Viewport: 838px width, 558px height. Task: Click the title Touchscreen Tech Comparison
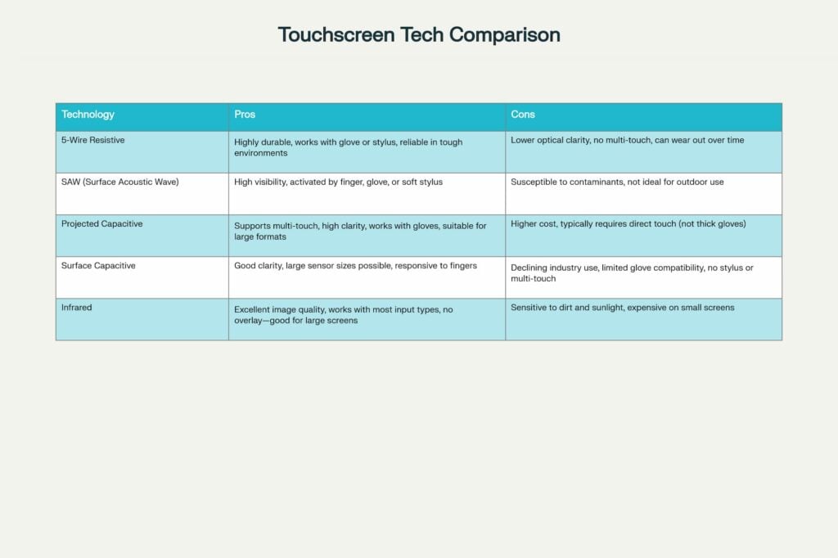418,35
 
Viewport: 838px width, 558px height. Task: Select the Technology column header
88,115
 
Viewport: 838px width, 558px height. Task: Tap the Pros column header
245,115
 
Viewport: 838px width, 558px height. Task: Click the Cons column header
523,115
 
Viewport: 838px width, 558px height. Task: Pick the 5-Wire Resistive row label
93,141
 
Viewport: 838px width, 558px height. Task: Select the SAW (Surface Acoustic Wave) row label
119,182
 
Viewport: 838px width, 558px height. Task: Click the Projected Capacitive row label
102,223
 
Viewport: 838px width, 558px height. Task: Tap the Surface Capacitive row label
98,265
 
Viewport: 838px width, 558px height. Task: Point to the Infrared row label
78,307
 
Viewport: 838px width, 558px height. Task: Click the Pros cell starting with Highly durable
348,147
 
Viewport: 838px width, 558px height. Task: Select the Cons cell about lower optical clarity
627,141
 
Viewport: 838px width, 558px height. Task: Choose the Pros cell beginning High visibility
338,182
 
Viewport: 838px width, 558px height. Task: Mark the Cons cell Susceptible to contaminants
617,182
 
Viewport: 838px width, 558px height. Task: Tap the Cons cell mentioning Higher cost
628,224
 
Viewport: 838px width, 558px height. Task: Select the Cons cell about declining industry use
632,272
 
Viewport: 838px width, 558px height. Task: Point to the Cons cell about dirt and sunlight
622,308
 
